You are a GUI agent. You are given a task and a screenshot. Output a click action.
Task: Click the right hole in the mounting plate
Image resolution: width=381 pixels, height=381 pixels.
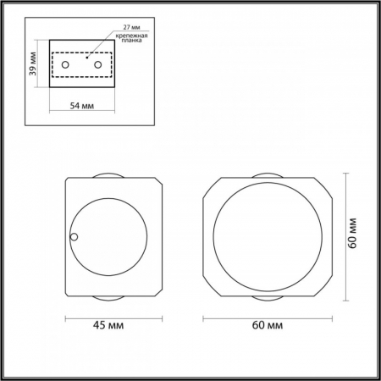pyautogui.click(x=97, y=64)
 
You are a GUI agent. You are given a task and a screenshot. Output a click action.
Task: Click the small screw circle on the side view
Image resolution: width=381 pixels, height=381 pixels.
pyautogui.click(x=74, y=237)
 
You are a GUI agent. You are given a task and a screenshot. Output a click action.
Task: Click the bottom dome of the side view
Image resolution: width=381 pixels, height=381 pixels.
pyautogui.click(x=108, y=297)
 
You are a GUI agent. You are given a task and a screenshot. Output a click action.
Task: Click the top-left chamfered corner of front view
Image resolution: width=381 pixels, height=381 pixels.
pyautogui.click(x=212, y=186)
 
